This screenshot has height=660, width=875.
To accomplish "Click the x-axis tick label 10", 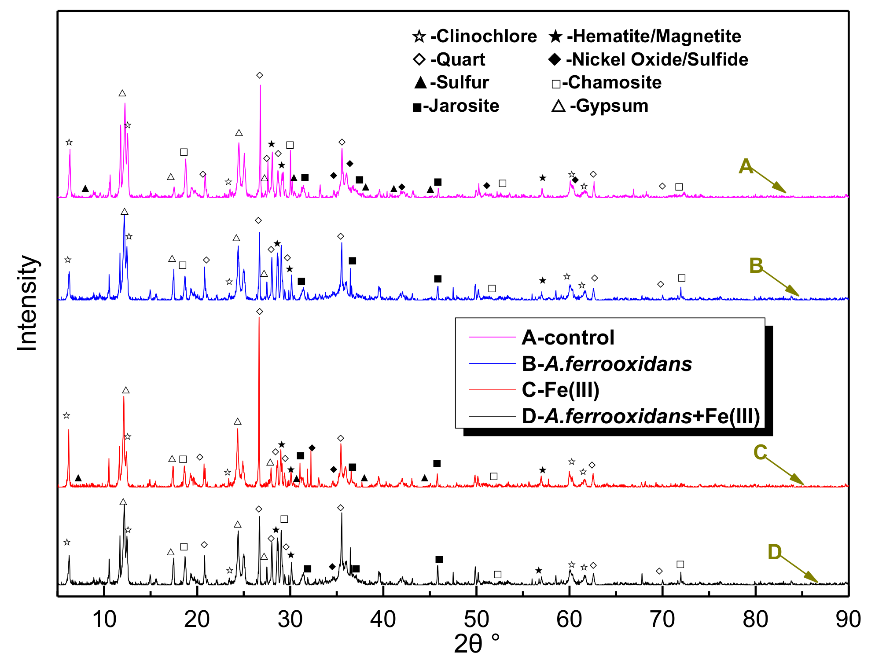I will coord(104,620).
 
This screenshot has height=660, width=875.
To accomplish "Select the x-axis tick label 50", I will coord(476,620).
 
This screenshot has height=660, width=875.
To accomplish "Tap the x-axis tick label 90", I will coord(848,620).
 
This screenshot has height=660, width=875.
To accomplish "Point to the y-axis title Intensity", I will coord(27,304).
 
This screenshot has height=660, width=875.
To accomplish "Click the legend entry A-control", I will coord(568,337).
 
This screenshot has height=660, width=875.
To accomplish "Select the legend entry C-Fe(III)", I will coord(560,390).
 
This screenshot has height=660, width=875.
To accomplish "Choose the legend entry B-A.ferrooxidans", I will coord(607,364).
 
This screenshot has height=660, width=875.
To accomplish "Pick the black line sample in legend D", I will coord(492,416).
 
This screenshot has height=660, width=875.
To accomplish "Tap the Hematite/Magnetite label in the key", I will coord(654,36).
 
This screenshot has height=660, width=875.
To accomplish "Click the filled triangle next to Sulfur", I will coord(420,82).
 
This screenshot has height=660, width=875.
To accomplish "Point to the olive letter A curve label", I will coord(746,167).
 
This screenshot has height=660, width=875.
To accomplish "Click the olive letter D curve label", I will coord(774,552).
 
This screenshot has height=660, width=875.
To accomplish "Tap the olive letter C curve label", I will coord(760,452).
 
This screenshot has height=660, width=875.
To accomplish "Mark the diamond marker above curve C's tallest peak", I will coord(260,312).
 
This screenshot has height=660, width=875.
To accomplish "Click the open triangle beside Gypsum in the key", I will coord(558,106).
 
